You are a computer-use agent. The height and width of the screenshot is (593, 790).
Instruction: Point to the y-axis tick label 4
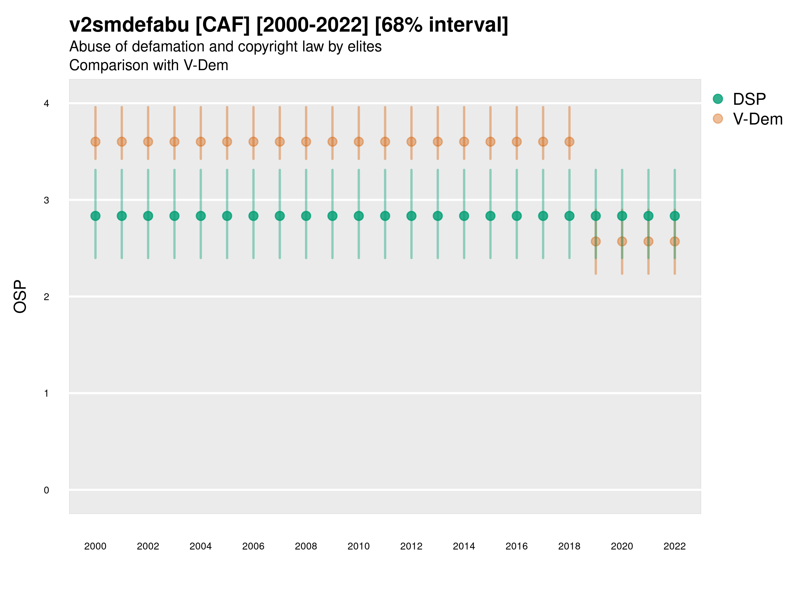[46, 104]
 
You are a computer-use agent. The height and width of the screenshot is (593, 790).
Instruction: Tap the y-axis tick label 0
[46, 490]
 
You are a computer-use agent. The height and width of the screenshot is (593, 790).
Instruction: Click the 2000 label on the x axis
[95, 546]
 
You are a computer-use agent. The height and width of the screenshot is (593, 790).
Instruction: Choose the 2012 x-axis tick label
[411, 546]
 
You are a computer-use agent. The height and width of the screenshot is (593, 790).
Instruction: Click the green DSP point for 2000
[95, 216]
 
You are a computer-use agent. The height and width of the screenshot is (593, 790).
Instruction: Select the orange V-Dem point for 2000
[95, 142]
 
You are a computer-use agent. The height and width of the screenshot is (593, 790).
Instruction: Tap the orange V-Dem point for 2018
[569, 142]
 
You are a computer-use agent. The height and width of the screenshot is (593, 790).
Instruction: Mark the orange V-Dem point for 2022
[675, 241]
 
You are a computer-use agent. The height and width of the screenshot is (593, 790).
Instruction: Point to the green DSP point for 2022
[675, 216]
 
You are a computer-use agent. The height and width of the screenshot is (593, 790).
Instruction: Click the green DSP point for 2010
[358, 216]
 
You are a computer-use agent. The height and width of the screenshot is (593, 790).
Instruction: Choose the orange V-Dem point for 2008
[306, 142]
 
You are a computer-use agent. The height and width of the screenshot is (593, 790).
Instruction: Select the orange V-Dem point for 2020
[622, 241]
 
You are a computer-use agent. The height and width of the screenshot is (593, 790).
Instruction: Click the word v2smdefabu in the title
[129, 25]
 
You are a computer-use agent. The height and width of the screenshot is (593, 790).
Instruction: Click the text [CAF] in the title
[223, 25]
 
